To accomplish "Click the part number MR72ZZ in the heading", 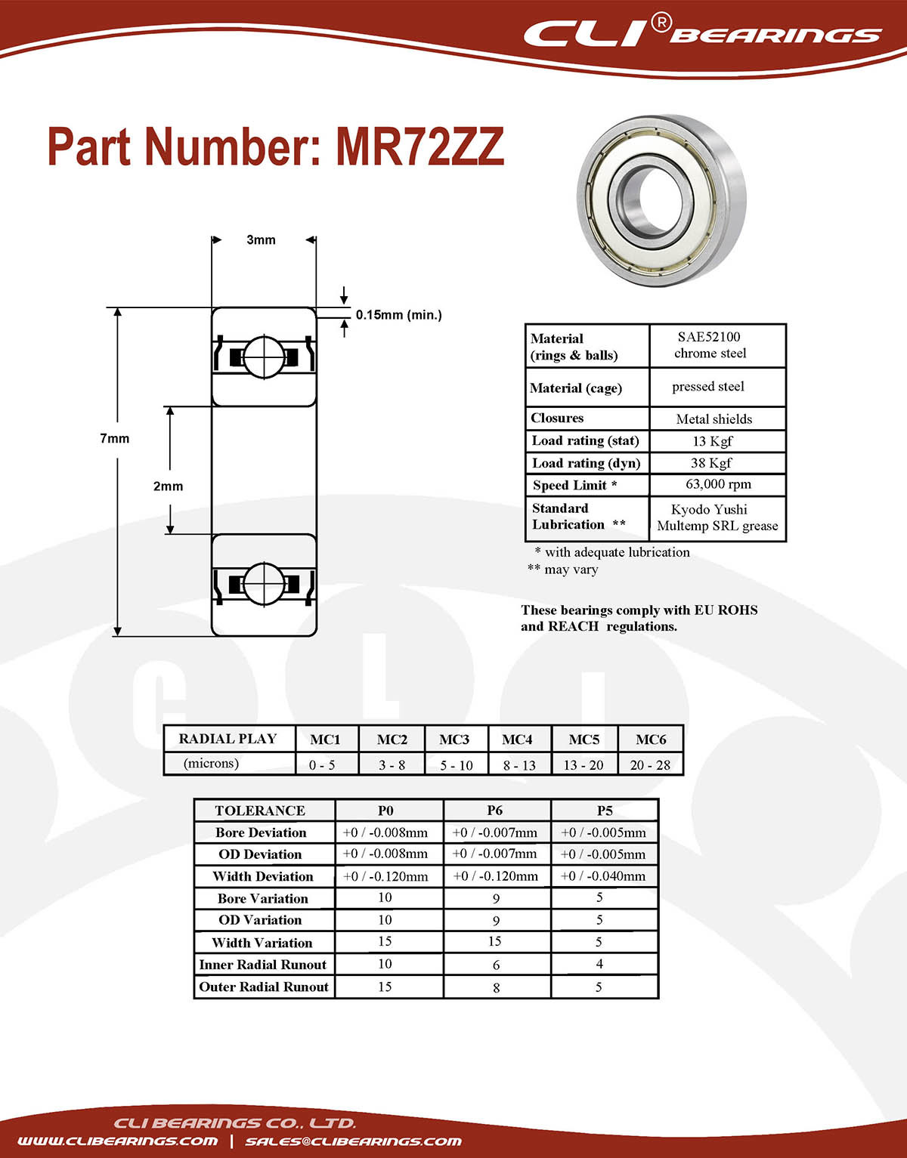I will (x=419, y=147).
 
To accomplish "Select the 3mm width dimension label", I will (x=262, y=240).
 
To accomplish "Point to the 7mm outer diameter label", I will (x=114, y=438).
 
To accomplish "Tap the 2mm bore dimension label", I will (x=168, y=486).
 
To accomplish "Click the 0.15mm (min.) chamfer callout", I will (x=398, y=315).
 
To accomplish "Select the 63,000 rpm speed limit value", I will (x=718, y=484).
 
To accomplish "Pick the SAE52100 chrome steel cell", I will (x=710, y=345).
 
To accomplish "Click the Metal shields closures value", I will (x=714, y=418).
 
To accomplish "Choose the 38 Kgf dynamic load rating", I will (x=710, y=462).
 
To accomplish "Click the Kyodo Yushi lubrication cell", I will (x=717, y=517).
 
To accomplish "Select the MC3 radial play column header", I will (x=454, y=740).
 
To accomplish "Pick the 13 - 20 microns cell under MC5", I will (x=584, y=764).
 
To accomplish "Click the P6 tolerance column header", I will (x=495, y=811).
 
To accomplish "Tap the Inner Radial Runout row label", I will (x=263, y=965).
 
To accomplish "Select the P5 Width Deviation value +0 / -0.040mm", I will (x=603, y=876).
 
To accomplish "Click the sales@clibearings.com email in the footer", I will (x=353, y=1141).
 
